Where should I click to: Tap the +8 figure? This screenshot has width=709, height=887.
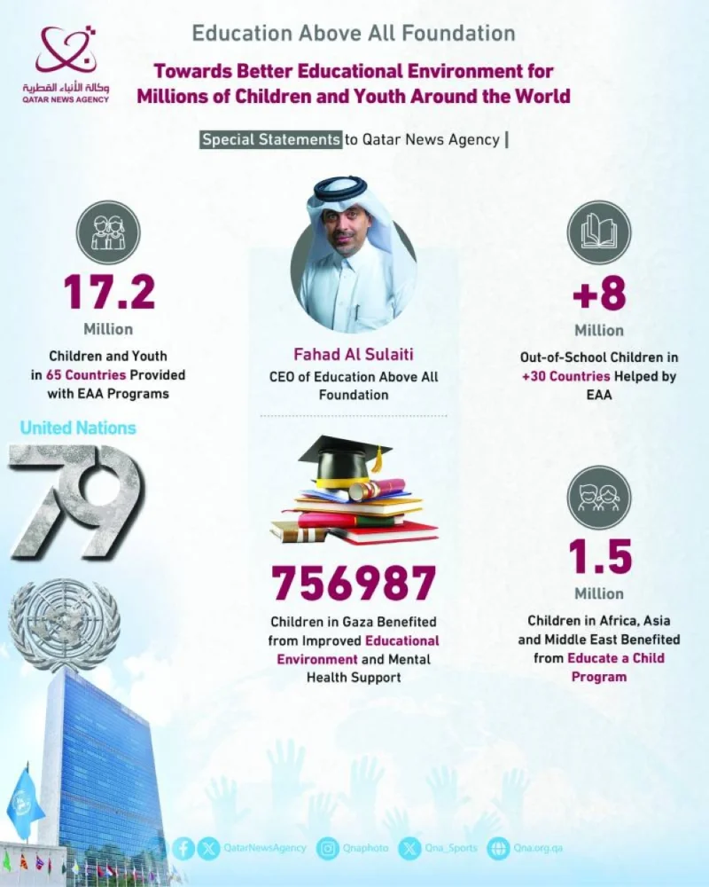tap(599, 294)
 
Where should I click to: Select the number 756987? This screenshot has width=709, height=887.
tap(354, 583)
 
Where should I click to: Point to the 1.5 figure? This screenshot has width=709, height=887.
tap(599, 557)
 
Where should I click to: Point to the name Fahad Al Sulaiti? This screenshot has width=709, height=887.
tap(354, 356)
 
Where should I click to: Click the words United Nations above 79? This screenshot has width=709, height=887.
tap(78, 428)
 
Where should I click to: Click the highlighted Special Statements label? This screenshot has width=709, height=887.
tap(271, 139)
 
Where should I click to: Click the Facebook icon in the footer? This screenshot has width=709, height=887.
tap(185, 848)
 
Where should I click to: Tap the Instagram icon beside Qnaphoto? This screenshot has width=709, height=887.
tap(329, 848)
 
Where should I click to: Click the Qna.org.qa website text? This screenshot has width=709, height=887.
tap(538, 848)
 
